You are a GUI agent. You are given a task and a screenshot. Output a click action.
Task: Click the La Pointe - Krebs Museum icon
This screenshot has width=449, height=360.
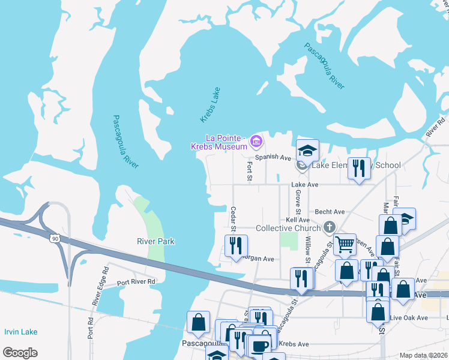(257, 142)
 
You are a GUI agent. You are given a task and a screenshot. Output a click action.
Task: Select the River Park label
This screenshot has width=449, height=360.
(155, 241)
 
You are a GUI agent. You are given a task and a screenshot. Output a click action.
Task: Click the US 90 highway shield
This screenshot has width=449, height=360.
(55, 239)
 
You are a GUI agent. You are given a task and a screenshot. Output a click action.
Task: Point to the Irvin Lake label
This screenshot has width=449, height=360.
(20, 332)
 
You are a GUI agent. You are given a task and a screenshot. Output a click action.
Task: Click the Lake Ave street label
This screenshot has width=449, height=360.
(305, 185)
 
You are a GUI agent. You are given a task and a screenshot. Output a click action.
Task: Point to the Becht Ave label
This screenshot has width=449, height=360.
(330, 212)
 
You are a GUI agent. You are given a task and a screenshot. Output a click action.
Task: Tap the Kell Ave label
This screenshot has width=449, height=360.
(298, 220)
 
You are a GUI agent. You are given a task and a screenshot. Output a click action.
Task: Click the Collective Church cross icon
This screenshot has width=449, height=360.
(328, 227)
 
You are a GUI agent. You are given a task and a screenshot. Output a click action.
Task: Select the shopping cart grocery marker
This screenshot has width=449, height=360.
(345, 244)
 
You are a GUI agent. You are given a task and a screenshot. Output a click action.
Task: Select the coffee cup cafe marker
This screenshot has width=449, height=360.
(260, 346)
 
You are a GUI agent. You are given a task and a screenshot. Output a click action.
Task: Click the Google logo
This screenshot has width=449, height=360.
(20, 353)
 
